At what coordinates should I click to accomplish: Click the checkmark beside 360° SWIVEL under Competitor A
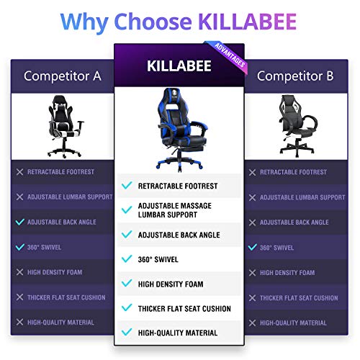pyautogui.click(x=18, y=247)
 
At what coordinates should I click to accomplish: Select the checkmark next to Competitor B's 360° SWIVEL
pyautogui.click(x=252, y=247)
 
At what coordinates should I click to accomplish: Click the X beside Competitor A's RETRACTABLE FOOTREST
pyautogui.click(x=18, y=172)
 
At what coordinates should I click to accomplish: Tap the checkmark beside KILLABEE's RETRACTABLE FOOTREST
pyautogui.click(x=127, y=185)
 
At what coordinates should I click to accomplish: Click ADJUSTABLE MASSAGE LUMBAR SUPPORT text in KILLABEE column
pyautogui.click(x=177, y=210)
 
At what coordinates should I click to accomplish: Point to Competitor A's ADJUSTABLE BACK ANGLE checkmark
pyautogui.click(x=18, y=222)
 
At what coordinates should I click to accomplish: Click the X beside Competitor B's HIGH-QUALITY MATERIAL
pyautogui.click(x=252, y=322)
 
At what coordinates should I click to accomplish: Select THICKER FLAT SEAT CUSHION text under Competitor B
pyautogui.click(x=298, y=297)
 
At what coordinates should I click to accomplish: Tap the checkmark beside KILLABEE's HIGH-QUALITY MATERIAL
pyautogui.click(x=127, y=332)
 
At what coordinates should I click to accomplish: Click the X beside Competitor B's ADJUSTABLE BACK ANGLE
pyautogui.click(x=252, y=222)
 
